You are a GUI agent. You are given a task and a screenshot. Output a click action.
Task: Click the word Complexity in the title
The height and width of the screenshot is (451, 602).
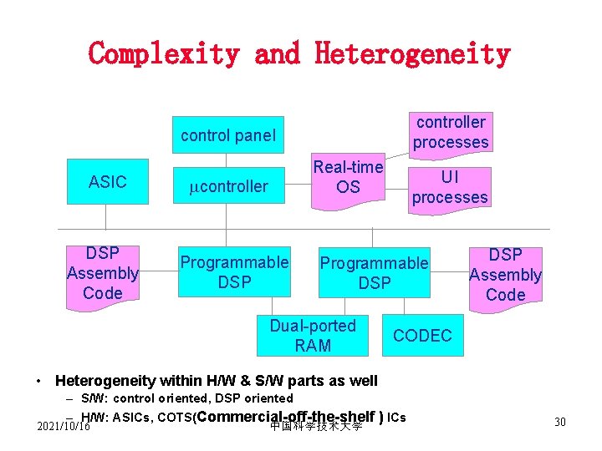[163, 53]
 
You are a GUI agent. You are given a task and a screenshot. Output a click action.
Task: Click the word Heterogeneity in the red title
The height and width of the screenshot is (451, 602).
[412, 53]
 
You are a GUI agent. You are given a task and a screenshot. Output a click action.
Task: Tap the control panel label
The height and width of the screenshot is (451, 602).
[228, 135]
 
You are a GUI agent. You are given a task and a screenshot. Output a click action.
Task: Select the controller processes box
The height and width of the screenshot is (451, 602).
[450, 132]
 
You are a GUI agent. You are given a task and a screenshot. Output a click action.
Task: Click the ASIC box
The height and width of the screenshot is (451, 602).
[108, 181]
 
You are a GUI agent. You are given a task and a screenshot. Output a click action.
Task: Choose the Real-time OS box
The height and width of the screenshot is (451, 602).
[348, 177]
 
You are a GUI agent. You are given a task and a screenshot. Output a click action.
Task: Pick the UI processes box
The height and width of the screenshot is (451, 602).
[450, 187]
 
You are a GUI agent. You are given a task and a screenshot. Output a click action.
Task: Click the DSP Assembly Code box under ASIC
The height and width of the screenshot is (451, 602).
[103, 273]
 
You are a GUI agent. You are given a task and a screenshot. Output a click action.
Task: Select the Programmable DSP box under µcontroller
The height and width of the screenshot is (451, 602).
[234, 272]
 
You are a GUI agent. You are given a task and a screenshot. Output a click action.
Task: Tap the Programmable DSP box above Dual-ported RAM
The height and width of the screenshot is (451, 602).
[374, 273]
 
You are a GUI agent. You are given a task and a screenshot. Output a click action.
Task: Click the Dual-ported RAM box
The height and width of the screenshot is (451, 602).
[312, 335]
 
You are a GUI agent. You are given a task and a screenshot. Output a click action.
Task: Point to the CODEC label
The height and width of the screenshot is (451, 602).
[422, 336]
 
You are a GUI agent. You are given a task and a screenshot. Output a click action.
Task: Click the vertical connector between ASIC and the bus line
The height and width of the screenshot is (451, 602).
[106, 216]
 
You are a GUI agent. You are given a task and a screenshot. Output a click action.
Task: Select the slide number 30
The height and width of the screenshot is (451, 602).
[559, 422]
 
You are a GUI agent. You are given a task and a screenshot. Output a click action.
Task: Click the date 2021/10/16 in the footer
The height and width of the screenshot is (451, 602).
[64, 426]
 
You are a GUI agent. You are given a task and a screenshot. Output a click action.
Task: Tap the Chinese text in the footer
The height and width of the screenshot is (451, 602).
[316, 427]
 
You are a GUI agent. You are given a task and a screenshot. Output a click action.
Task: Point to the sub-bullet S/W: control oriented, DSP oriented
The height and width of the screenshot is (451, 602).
[187, 398]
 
